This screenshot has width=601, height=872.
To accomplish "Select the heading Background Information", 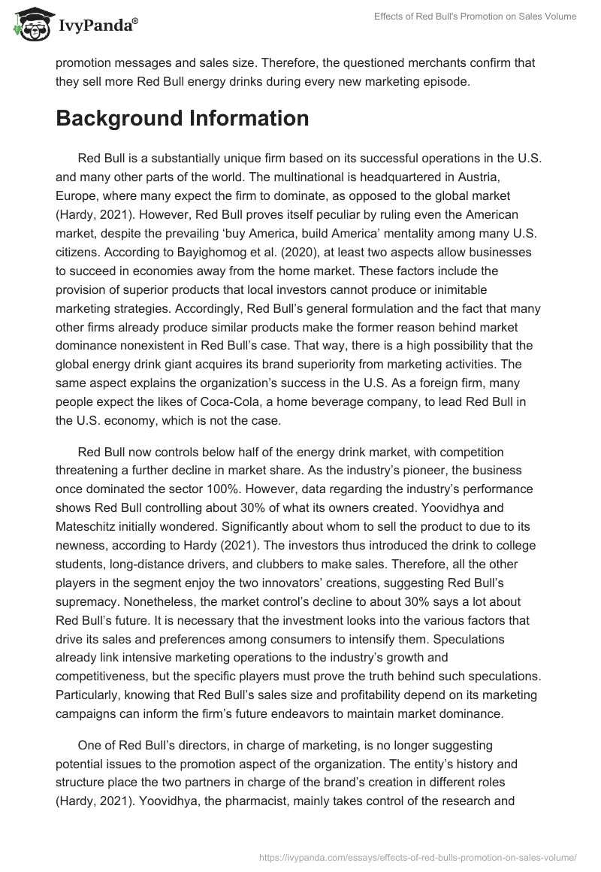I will (182, 119).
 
